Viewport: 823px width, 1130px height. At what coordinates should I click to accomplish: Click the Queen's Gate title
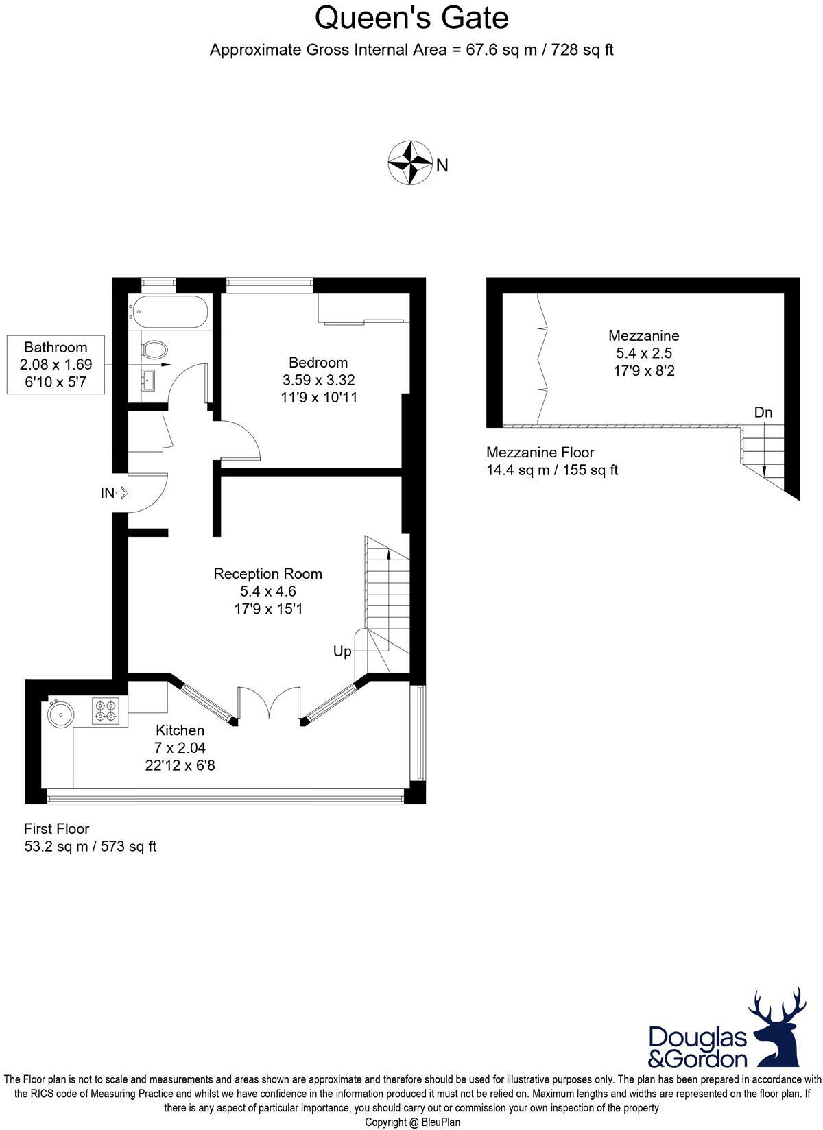click(x=411, y=18)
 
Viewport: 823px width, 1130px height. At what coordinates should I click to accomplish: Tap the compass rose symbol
click(x=409, y=163)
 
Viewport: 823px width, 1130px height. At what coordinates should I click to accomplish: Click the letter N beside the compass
click(x=442, y=165)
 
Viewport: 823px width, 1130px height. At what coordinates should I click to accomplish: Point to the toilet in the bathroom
click(x=155, y=350)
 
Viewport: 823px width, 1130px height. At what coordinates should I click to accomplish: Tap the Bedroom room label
click(x=318, y=362)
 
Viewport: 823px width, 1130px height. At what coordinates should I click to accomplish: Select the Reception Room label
click(x=267, y=573)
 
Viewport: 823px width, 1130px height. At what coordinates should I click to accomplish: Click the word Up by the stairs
click(x=342, y=651)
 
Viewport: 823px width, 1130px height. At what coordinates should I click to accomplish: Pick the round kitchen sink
click(x=60, y=713)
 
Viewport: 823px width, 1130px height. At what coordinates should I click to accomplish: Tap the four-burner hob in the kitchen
click(x=105, y=711)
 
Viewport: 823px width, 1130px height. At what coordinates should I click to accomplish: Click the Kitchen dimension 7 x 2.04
click(x=180, y=748)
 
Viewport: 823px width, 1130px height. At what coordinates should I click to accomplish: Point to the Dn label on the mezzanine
click(x=763, y=412)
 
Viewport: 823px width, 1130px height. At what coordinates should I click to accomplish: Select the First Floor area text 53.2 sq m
click(x=91, y=846)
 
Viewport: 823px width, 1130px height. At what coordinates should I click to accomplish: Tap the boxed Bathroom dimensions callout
click(x=56, y=365)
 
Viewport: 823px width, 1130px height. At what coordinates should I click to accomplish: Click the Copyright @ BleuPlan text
click(x=412, y=1122)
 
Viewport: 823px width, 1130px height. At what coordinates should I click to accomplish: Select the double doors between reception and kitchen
click(x=269, y=703)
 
